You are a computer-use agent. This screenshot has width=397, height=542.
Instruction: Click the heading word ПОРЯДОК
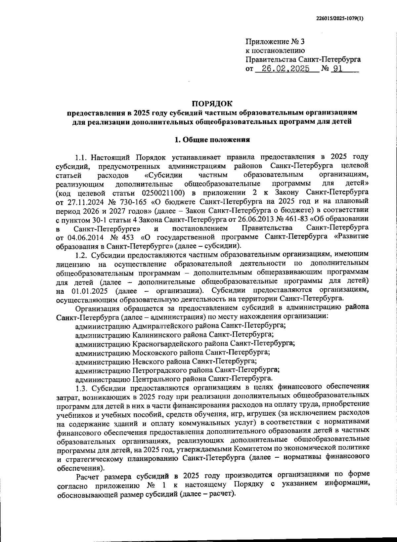(213, 104)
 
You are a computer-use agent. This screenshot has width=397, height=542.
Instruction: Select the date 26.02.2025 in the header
(286, 68)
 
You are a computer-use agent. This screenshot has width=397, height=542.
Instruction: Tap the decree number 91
(337, 68)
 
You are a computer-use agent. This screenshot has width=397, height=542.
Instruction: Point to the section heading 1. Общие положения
(212, 140)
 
